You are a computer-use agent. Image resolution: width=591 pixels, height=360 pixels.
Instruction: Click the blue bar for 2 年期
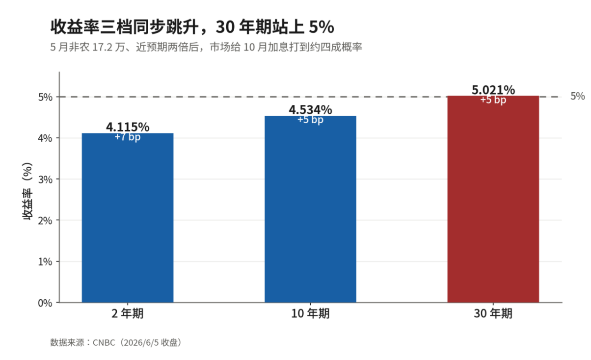128,218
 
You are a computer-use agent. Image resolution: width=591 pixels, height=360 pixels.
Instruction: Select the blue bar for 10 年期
310,209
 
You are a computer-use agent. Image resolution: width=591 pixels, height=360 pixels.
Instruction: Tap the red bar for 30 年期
493,199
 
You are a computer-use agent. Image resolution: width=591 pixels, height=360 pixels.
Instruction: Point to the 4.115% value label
128,127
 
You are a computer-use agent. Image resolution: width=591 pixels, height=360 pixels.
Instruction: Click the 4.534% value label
311,110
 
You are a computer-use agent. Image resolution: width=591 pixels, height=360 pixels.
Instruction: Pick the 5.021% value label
493,90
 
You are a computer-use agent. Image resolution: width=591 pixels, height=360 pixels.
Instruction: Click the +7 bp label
128,137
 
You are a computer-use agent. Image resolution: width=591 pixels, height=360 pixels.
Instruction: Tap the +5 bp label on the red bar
493,100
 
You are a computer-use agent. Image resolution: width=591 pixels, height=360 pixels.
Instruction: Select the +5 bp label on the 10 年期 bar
310,120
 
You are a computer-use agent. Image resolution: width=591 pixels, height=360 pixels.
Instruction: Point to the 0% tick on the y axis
45,303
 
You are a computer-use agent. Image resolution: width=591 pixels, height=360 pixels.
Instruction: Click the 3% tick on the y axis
45,180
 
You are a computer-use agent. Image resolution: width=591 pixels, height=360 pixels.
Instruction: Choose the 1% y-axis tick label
45,262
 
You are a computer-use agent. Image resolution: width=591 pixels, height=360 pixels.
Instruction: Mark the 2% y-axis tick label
45,221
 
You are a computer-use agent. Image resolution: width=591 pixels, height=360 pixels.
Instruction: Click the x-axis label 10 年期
310,313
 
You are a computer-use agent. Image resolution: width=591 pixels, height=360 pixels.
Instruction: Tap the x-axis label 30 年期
493,313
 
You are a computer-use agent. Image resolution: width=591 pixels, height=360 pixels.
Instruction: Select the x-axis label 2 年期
128,313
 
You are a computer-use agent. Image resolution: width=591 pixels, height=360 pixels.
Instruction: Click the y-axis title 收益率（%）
27,191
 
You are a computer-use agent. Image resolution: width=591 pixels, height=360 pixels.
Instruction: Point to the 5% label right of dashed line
578,97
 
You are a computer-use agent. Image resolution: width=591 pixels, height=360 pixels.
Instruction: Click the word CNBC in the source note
104,343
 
